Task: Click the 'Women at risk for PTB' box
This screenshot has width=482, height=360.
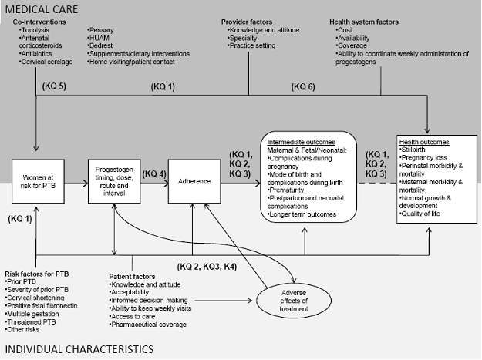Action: pos(36,185)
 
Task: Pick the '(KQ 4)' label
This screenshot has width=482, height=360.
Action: pos(154,175)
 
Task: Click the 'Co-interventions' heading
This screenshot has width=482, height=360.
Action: pos(39,22)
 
